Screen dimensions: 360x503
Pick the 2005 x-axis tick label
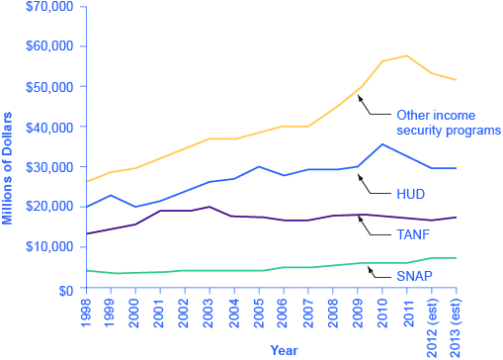pyautogui.click(x=260, y=311)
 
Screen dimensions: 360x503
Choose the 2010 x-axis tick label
pyautogui.click(x=382, y=311)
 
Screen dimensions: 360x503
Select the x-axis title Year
pyautogui.click(x=284, y=349)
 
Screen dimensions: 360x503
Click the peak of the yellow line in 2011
pyautogui.click(x=407, y=55)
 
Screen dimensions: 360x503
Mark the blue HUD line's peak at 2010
pyautogui.click(x=382, y=144)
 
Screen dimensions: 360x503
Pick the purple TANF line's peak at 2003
pyautogui.click(x=210, y=207)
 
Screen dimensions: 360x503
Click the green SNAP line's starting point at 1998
pyautogui.click(x=88, y=270)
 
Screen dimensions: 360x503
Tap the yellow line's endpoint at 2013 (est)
pyautogui.click(x=457, y=80)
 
